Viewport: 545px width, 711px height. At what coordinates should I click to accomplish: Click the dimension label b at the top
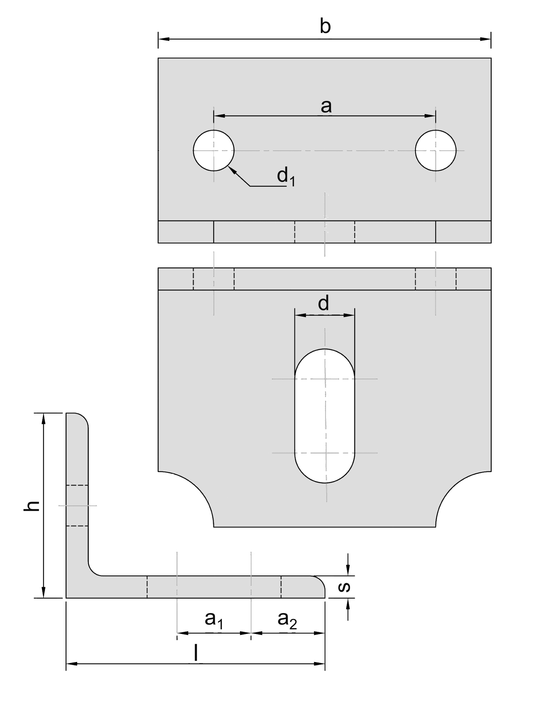[x=325, y=27]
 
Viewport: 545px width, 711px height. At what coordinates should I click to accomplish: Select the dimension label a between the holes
[x=326, y=106]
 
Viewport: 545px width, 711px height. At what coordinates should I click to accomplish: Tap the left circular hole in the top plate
[x=213, y=150]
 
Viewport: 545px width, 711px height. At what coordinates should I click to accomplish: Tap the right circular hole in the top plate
[x=435, y=150]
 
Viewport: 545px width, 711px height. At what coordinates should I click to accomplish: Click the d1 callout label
[x=286, y=177]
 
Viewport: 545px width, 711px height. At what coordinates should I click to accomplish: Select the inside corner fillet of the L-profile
[x=93, y=571]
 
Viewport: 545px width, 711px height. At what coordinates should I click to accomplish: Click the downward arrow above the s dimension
[x=348, y=569]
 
